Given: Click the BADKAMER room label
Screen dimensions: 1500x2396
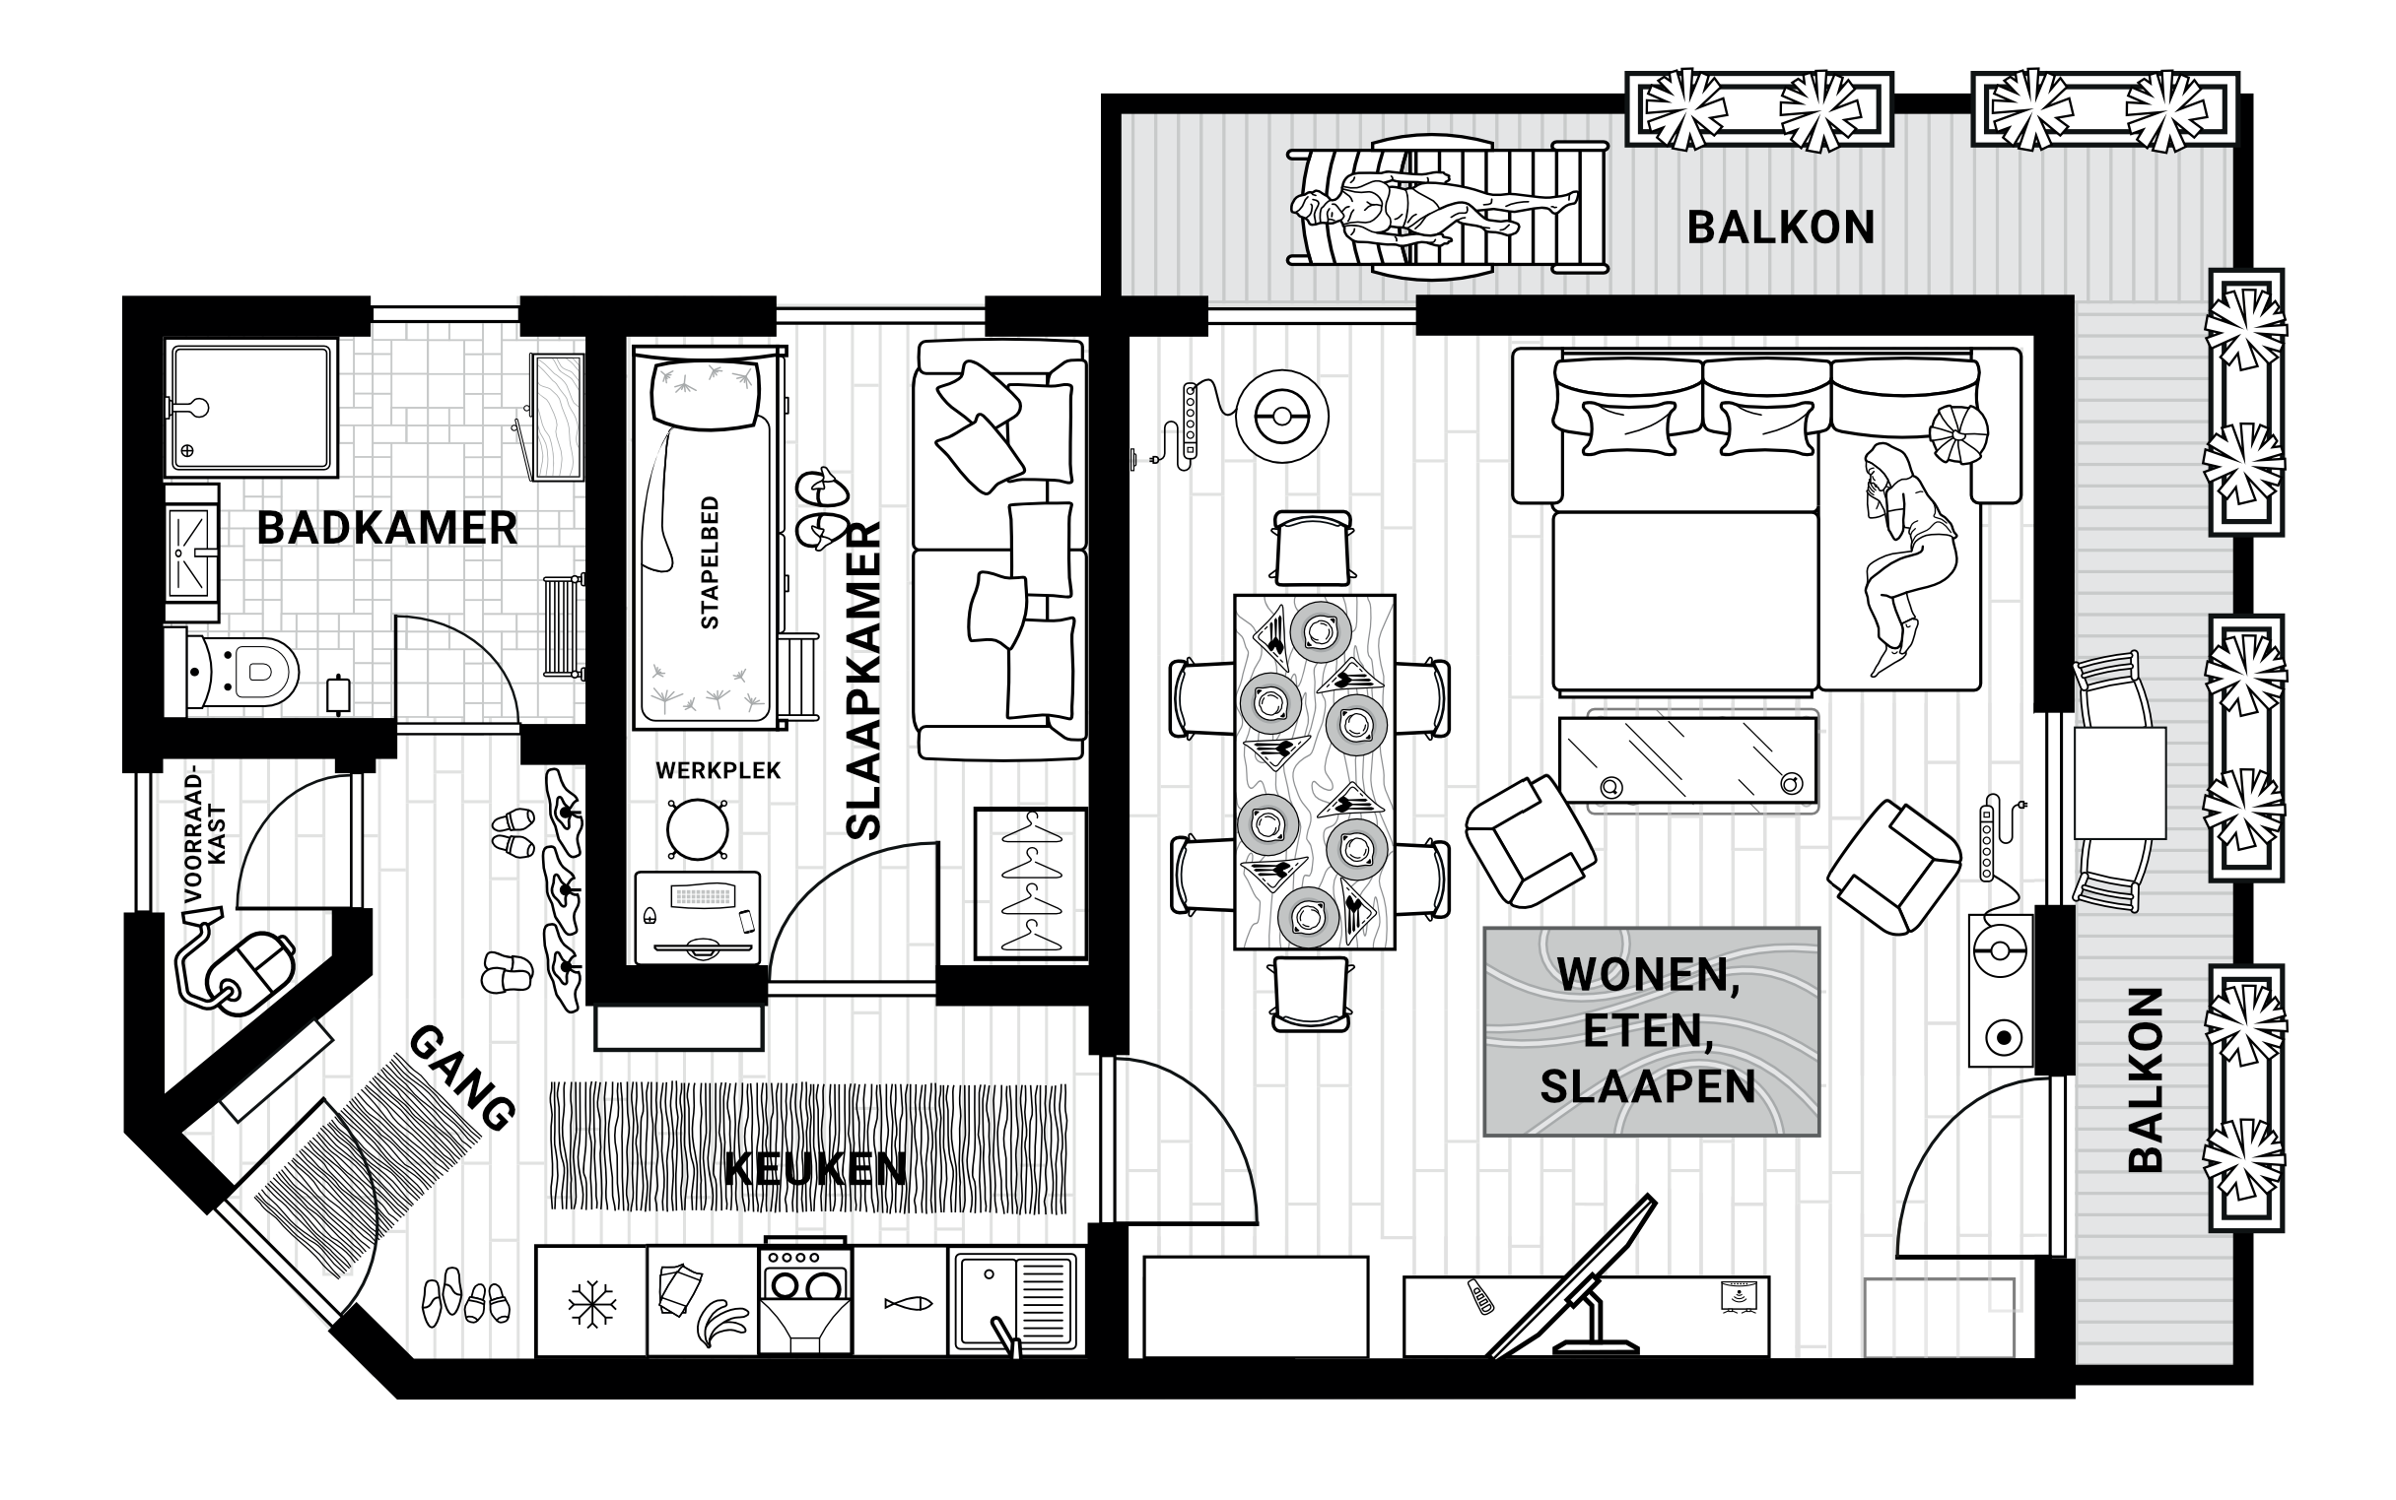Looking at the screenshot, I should click(x=387, y=529).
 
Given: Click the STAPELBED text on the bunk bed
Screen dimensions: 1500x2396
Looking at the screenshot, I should click(x=710, y=562).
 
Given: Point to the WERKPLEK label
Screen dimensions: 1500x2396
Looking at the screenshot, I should click(x=718, y=770).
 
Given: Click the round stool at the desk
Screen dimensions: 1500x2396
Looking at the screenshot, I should click(x=697, y=829).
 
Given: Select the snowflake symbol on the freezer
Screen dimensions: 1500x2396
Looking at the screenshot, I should click(x=591, y=1303).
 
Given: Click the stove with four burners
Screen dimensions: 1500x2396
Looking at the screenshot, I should click(x=804, y=1300).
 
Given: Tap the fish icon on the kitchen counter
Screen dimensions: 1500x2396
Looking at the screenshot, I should click(x=907, y=1303).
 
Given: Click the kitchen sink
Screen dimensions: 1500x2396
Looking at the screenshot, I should click(x=1013, y=1300).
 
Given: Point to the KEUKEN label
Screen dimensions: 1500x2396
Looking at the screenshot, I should click(x=816, y=1171).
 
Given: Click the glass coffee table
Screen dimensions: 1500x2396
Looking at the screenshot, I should click(x=1687, y=760).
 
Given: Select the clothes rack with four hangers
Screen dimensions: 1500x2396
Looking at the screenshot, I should click(x=1030, y=882).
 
